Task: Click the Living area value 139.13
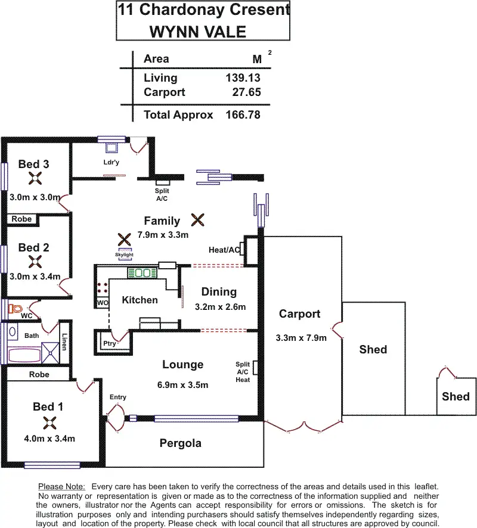(243, 78)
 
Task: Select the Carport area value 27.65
(246, 92)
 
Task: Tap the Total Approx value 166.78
(243, 115)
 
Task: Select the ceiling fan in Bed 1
(48, 423)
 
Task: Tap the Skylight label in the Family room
(125, 254)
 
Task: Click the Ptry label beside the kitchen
(110, 343)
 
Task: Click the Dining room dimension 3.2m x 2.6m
(220, 308)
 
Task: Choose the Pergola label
(180, 443)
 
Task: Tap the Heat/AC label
(224, 250)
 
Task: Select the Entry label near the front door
(118, 397)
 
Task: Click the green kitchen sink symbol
(142, 274)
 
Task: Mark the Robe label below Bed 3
(21, 219)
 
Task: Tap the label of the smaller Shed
(456, 396)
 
